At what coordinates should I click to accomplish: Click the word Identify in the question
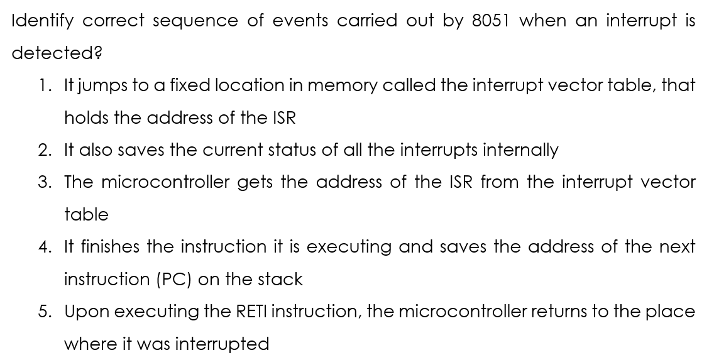(x=42, y=21)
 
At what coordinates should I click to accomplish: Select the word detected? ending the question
(x=57, y=53)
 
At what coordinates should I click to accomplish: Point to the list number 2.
(x=45, y=150)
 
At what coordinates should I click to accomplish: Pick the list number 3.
(x=45, y=182)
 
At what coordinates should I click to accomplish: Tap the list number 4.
(x=45, y=247)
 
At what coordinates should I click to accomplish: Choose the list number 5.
(x=45, y=311)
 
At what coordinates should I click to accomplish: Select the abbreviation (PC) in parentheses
(x=173, y=280)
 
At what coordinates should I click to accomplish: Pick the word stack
(x=280, y=279)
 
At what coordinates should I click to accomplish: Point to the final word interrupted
(x=222, y=344)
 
